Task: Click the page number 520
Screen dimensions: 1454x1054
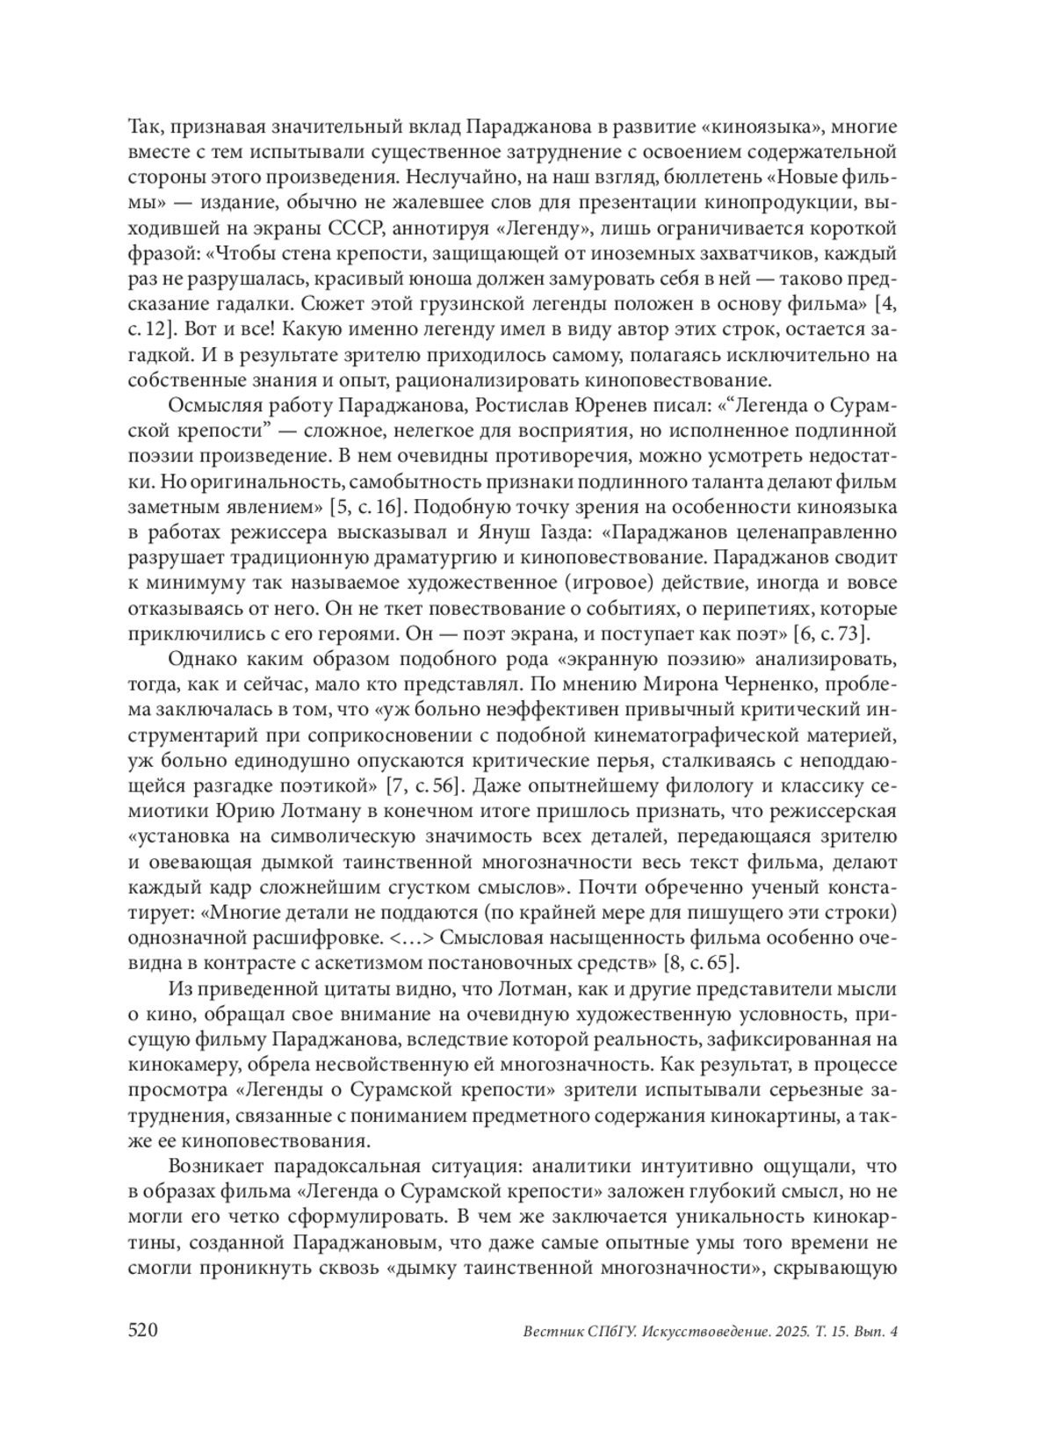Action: point(142,1330)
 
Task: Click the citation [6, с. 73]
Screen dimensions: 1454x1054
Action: point(831,633)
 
